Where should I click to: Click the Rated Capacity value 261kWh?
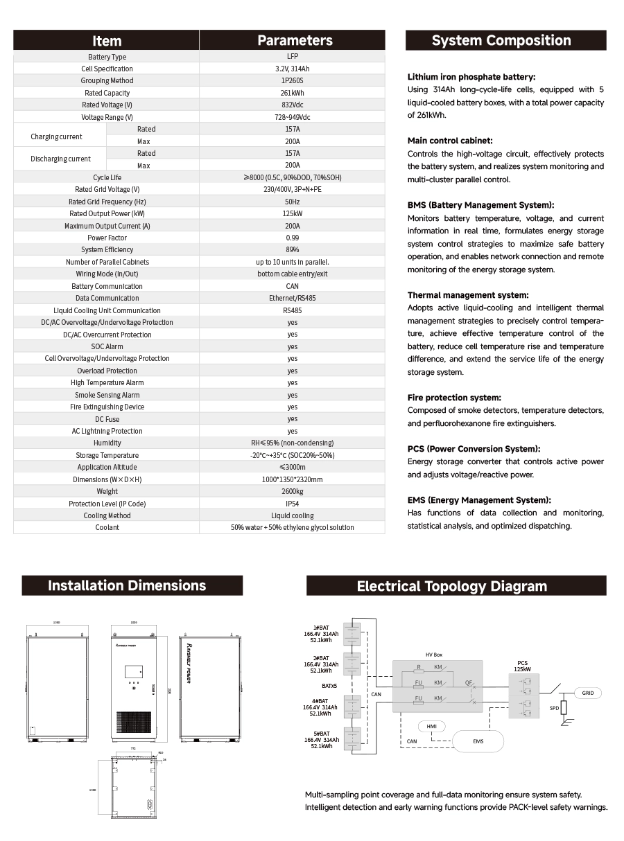pyautogui.click(x=292, y=93)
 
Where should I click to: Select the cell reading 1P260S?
pyautogui.click(x=292, y=80)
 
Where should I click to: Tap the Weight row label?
pyautogui.click(x=107, y=491)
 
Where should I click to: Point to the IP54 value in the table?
pyautogui.click(x=292, y=504)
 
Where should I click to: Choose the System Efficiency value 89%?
pyautogui.click(x=292, y=249)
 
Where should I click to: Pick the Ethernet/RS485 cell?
pyautogui.click(x=292, y=298)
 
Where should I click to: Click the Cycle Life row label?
pyautogui.click(x=107, y=177)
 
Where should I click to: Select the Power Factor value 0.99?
pyautogui.click(x=292, y=238)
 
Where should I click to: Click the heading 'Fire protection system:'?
pyautogui.click(x=454, y=398)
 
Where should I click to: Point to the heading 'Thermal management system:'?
pyautogui.click(x=468, y=295)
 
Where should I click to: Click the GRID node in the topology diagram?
pyautogui.click(x=587, y=693)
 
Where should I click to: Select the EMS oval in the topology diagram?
pyautogui.click(x=478, y=741)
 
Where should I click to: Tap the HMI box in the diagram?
pyautogui.click(x=431, y=725)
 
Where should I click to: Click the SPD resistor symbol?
pyautogui.click(x=563, y=707)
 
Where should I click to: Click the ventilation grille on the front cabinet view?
pyautogui.click(x=133, y=723)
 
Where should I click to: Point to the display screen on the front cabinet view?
pyautogui.click(x=134, y=671)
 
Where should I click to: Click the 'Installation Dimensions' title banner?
pyautogui.click(x=127, y=585)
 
